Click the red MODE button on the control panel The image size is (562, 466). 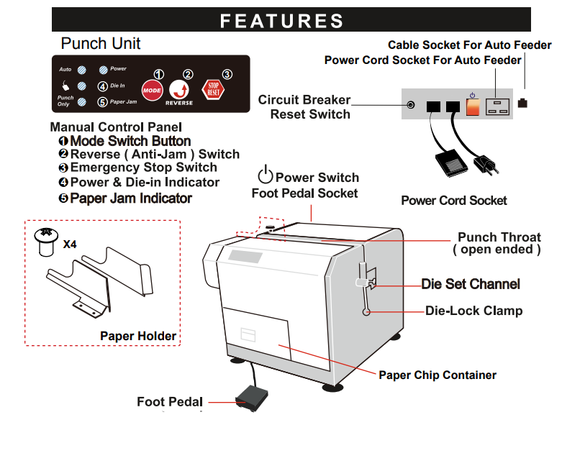pos(152,91)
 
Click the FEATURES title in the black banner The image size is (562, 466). pos(281,21)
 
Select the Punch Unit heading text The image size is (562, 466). pos(101,44)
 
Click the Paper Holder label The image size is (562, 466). pos(138,336)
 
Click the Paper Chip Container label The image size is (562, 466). pos(438,375)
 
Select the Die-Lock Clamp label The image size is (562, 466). pos(473,311)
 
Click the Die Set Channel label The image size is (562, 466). pos(471,284)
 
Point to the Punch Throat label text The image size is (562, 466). pos(499,243)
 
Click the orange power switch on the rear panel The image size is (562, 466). pos(473,106)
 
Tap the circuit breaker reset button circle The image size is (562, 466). pos(411,105)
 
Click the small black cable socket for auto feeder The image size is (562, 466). pos(522,103)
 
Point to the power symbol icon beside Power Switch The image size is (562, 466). pos(266,175)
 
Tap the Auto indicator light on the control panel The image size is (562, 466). pos(82,70)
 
